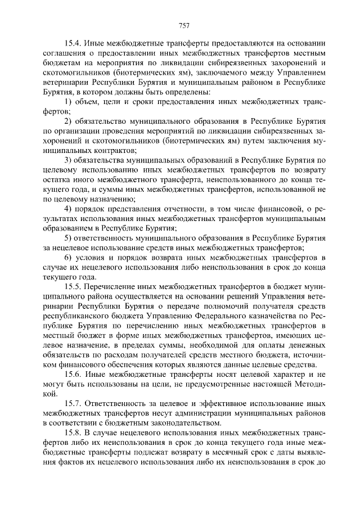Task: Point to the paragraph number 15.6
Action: coord(74,373)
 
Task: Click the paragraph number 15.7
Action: coord(74,404)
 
